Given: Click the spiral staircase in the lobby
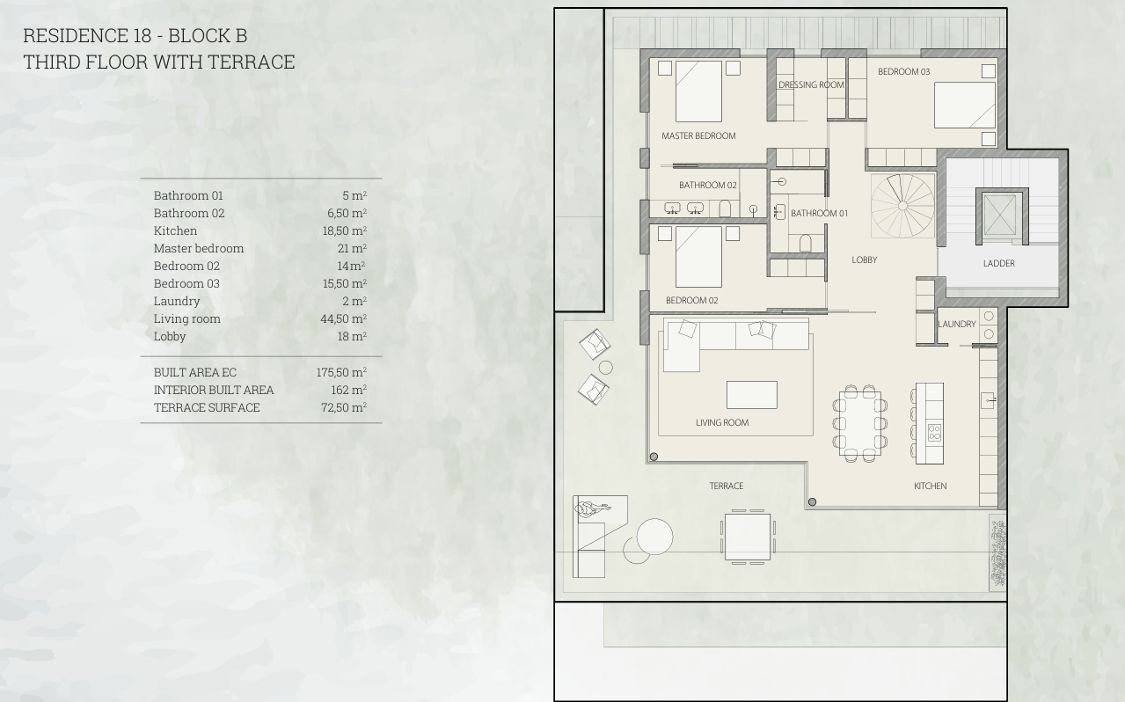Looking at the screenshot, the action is pos(902,206).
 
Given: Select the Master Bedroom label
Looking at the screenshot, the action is pos(698,135).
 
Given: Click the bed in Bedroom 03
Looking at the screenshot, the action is pos(965,105).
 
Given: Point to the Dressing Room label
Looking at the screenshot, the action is pos(811,84).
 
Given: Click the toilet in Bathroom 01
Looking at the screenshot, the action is pos(806,243).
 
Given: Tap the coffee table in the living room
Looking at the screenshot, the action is pos(752,395).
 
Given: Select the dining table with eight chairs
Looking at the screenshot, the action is pos(860,423).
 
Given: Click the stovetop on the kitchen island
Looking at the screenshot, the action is pos(934,432).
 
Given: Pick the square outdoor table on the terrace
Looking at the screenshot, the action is pos(748,537).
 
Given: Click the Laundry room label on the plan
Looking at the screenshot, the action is pos(957,325).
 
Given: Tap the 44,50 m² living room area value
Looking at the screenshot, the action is pos(344,318).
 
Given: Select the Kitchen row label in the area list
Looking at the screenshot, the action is pos(175,230).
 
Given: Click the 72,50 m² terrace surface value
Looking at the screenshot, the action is pos(344,407).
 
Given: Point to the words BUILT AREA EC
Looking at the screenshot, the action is pos(195,372).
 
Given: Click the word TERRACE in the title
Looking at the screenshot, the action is pos(251,62).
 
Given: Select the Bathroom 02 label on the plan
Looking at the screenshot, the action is pos(708,186).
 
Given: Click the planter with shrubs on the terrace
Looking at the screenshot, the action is pos(998,552).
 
